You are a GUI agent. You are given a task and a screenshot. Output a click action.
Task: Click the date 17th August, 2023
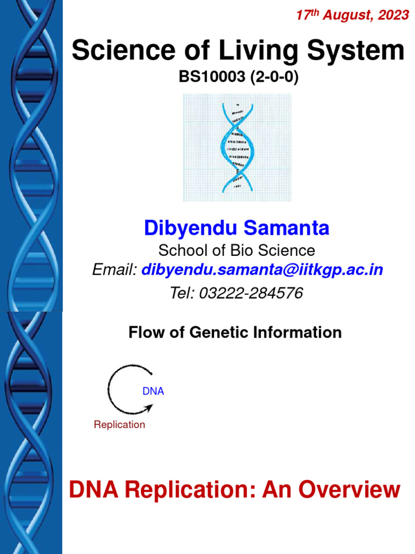(x=352, y=16)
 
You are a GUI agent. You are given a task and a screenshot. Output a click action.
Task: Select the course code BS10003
(x=212, y=78)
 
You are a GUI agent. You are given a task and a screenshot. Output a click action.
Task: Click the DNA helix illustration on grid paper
(x=237, y=147)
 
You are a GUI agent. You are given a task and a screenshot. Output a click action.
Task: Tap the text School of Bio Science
(x=236, y=250)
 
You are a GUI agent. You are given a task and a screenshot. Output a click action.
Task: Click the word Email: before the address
(x=115, y=270)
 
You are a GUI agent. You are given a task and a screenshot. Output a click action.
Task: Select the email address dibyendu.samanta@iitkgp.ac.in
(x=262, y=270)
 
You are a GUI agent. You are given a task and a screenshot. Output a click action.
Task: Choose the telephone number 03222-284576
(x=251, y=293)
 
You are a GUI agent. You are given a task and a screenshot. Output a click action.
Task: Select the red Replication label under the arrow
(x=119, y=425)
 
